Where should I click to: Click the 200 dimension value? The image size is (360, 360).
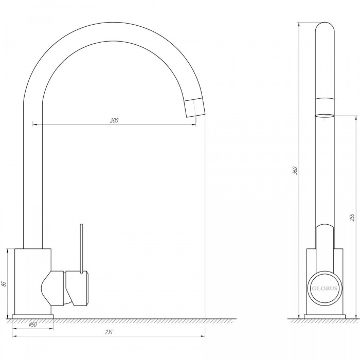(114, 120)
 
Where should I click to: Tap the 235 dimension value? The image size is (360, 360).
(109, 332)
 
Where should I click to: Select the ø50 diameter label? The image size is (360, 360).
(32, 325)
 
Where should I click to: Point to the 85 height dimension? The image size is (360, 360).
(4, 283)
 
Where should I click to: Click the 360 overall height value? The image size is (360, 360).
(295, 171)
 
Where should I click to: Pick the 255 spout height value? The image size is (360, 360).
(352, 217)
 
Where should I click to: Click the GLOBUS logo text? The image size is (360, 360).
(325, 289)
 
